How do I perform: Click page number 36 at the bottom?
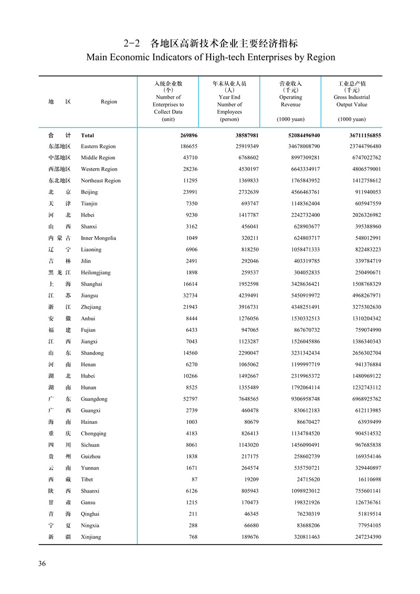pyautogui.click(x=42, y=564)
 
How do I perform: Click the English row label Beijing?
pyautogui.click(x=89, y=192)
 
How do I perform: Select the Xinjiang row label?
pyautogui.click(x=91, y=537)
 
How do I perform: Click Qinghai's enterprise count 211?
pyautogui.click(x=193, y=514)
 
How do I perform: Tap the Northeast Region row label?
pyautogui.click(x=101, y=181)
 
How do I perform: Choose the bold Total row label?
pyautogui.click(x=87, y=135)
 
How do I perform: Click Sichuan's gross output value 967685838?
pyautogui.click(x=362, y=445)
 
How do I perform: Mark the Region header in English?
pyautogui.click(x=109, y=101)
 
